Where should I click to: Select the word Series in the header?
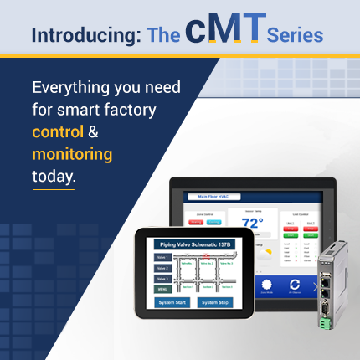pyautogui.click(x=295, y=35)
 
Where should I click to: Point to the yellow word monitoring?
pyautogui.click(x=72, y=155)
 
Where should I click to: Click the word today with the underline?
pyautogui.click(x=54, y=177)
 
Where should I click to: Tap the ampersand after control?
pyautogui.click(x=94, y=132)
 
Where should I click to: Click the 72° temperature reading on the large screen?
pyautogui.click(x=252, y=223)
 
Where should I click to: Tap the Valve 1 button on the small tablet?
pyautogui.click(x=162, y=258)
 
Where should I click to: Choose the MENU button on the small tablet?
pyautogui.click(x=162, y=289)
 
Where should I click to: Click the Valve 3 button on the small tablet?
pyautogui.click(x=162, y=279)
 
